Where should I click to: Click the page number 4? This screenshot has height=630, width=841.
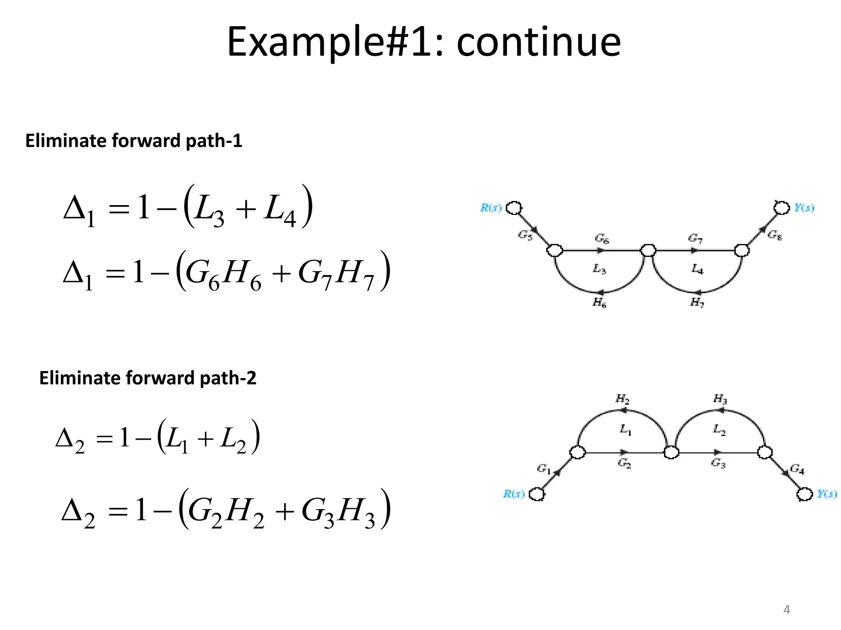click(x=786, y=610)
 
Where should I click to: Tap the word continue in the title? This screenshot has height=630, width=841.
click(x=538, y=42)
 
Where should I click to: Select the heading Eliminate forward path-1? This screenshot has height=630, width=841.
click(x=133, y=141)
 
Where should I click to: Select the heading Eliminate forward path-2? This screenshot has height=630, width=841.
click(x=147, y=378)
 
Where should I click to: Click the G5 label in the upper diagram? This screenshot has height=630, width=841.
click(x=525, y=235)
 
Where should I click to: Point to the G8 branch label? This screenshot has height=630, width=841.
click(x=774, y=235)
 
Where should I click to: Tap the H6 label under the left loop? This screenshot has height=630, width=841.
click(x=599, y=303)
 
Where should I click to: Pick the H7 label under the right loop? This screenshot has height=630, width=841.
click(x=697, y=303)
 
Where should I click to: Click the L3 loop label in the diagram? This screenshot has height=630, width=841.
click(x=599, y=269)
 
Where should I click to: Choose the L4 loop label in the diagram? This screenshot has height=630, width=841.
click(x=697, y=269)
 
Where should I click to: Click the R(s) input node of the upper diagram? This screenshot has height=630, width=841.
click(x=514, y=208)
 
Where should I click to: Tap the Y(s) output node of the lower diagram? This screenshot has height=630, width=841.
click(x=804, y=494)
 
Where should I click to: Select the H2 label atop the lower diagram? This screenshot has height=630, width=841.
click(x=622, y=399)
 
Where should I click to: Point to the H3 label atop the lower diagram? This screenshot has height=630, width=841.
click(x=720, y=399)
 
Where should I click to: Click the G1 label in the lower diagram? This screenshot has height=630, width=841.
click(x=543, y=469)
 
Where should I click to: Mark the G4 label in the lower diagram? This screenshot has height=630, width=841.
click(x=797, y=469)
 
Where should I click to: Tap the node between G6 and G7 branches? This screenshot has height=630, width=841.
click(x=648, y=250)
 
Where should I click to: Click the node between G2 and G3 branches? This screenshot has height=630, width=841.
click(x=671, y=453)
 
